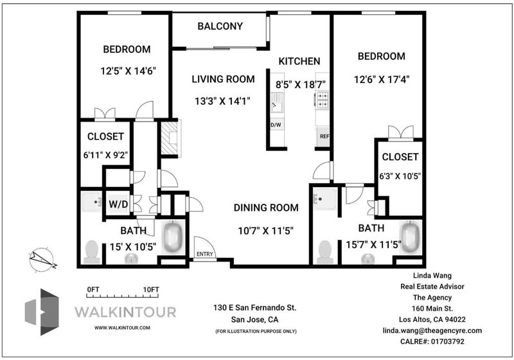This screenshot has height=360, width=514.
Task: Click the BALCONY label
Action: (x=220, y=26)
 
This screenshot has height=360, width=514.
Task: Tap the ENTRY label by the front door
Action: (x=205, y=254)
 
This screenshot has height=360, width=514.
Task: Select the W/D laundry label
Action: (x=118, y=204)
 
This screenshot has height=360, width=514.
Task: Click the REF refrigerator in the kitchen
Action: (x=323, y=136)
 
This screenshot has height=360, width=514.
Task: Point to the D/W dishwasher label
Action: (x=276, y=125)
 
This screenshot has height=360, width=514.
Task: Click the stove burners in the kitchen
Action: (x=322, y=100)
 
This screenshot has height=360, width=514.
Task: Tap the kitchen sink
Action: (x=277, y=102)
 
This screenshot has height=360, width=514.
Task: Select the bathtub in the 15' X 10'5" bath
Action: (x=172, y=237)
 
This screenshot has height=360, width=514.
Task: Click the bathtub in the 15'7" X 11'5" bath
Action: (x=410, y=237)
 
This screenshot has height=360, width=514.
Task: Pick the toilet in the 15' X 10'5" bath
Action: (x=92, y=252)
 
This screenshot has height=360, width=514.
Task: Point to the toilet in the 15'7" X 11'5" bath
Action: (x=325, y=252)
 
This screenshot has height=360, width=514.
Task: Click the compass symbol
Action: (x=42, y=260)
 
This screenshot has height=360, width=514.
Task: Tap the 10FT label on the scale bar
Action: (x=151, y=290)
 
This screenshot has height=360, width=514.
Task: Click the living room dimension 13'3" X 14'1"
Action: (x=223, y=102)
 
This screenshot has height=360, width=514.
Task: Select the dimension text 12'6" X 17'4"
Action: (x=382, y=80)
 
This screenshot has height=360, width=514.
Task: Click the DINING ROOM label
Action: (x=266, y=208)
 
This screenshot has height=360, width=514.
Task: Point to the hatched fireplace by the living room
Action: (x=169, y=138)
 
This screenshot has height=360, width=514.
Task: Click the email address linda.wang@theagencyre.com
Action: (x=432, y=330)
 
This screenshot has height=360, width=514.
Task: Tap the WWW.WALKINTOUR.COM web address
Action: (x=122, y=328)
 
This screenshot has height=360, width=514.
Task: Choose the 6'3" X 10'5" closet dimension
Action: (x=400, y=176)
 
